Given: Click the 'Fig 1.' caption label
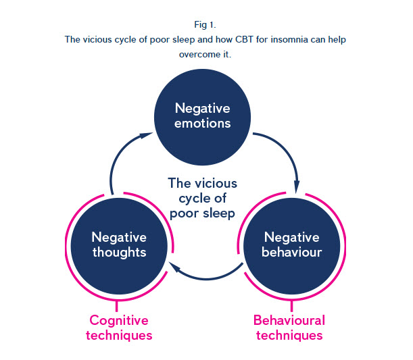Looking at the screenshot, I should pyautogui.click(x=205, y=25).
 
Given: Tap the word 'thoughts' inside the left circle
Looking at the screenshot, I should pyautogui.click(x=118, y=253).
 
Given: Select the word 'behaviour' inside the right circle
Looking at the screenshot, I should pyautogui.click(x=292, y=253).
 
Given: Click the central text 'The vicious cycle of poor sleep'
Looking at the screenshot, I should pyautogui.click(x=202, y=199).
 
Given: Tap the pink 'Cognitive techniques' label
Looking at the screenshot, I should pyautogui.click(x=119, y=328).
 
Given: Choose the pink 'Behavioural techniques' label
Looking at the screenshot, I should pyautogui.click(x=289, y=328).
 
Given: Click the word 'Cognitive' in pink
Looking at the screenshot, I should pyautogui.click(x=119, y=320).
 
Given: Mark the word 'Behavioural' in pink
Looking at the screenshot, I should pyautogui.click(x=289, y=320).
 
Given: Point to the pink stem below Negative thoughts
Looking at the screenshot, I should pyautogui.click(x=119, y=305).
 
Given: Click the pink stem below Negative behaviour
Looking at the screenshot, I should pyautogui.click(x=290, y=305).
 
